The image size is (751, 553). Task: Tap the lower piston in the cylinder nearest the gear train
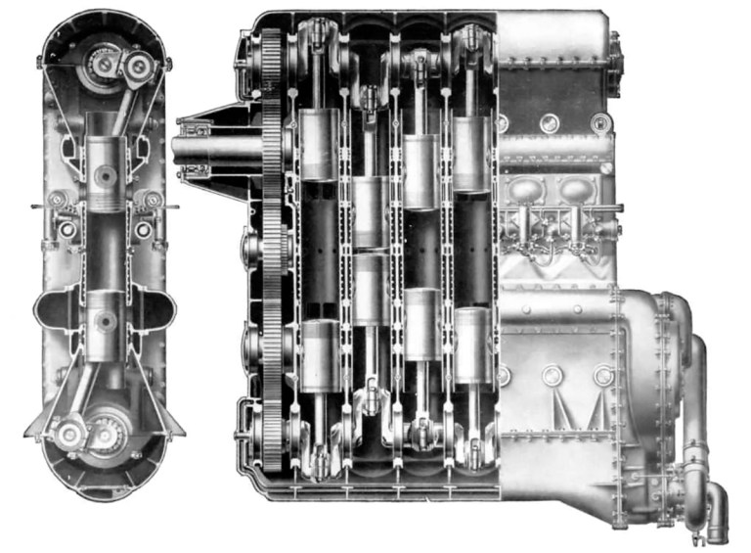click(x=320, y=354)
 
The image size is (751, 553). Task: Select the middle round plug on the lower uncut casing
click(x=552, y=375)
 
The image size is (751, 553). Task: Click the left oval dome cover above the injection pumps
click(x=529, y=190)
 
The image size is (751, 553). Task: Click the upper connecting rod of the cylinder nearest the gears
click(x=317, y=73)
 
